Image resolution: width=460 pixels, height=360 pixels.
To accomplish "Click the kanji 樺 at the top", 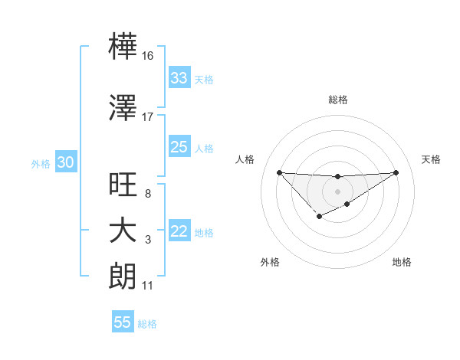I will pos(123,47).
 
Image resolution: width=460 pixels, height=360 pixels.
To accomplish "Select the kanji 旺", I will pos(123,184).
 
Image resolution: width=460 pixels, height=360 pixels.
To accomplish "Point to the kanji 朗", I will pos(123,276).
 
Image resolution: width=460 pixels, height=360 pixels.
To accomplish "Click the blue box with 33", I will pos(179,78).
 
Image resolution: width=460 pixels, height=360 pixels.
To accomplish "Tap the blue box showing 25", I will pos(179,147).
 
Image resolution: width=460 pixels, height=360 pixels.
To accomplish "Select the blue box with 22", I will pos(179,232).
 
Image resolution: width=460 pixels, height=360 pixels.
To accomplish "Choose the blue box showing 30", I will pos(65,163).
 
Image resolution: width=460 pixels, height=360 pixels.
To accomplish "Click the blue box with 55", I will pos(123,322).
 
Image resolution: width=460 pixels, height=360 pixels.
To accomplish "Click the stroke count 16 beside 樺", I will pos(148,56).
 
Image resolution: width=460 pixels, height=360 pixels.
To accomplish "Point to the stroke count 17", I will pos(148,117).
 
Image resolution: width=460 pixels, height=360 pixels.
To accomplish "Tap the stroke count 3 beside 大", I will pos(148,240).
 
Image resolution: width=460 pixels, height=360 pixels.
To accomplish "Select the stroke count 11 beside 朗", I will pos(148,286).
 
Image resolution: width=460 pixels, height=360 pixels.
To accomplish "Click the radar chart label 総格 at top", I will pos(337,100).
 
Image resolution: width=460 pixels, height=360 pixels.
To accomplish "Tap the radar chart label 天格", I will pos(432,159).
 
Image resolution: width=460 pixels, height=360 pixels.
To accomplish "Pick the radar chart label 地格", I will pos(402,262).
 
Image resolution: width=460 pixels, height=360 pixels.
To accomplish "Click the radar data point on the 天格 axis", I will pos(396,172).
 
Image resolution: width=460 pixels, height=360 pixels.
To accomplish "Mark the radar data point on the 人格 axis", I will pos(279,172).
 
